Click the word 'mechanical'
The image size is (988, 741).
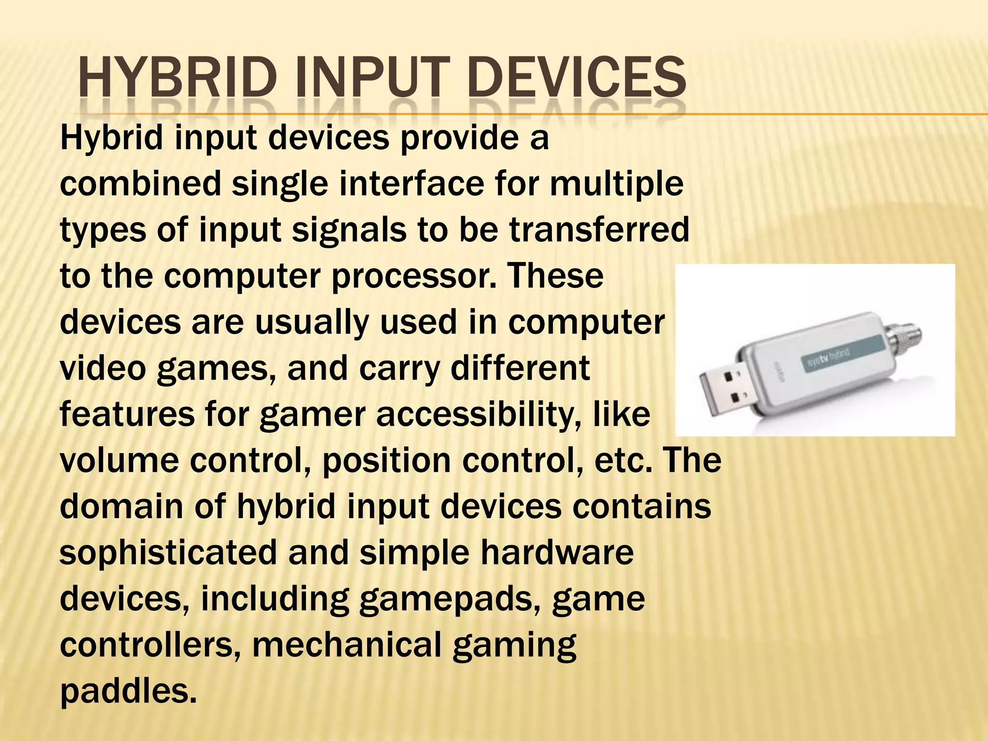(x=347, y=645)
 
